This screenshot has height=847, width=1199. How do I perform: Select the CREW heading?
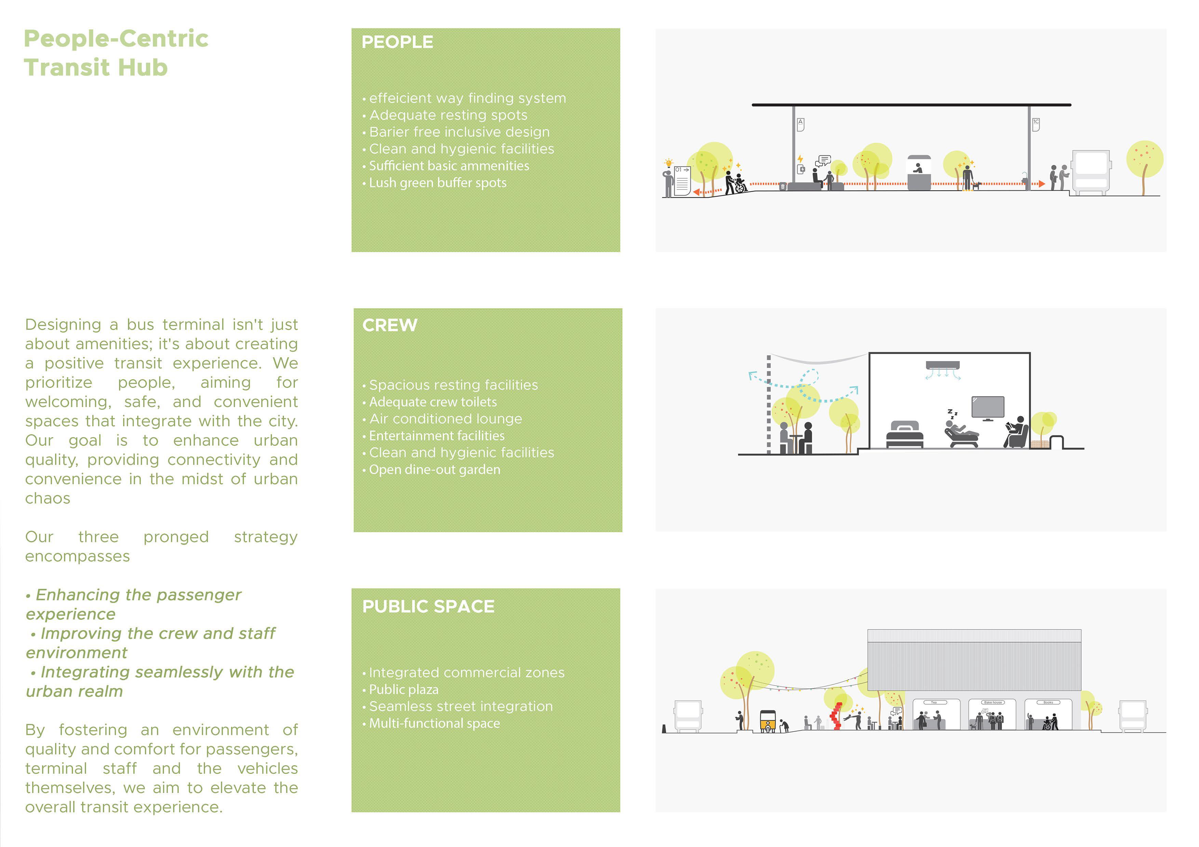390,325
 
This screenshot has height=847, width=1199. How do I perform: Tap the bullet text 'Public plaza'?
403,690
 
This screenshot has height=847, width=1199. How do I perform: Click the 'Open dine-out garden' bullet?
434,470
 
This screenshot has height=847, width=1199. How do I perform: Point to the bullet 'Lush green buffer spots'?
437,183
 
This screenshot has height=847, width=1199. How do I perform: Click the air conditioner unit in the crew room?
943,365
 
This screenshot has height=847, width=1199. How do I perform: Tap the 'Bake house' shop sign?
993,703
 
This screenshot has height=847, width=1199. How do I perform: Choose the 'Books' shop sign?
1048,703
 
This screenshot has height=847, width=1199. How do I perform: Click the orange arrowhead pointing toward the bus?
1042,184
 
